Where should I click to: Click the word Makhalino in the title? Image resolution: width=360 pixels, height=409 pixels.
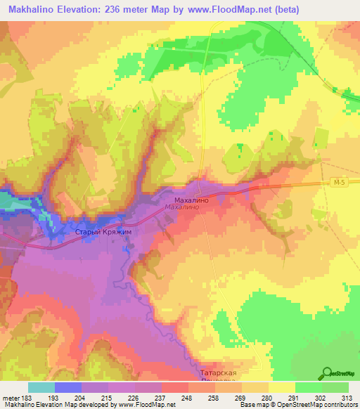coord(32,10)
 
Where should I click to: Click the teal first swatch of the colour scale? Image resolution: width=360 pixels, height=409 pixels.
coord(41,387)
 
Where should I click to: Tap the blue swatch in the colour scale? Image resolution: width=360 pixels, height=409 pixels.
coord(67,387)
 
